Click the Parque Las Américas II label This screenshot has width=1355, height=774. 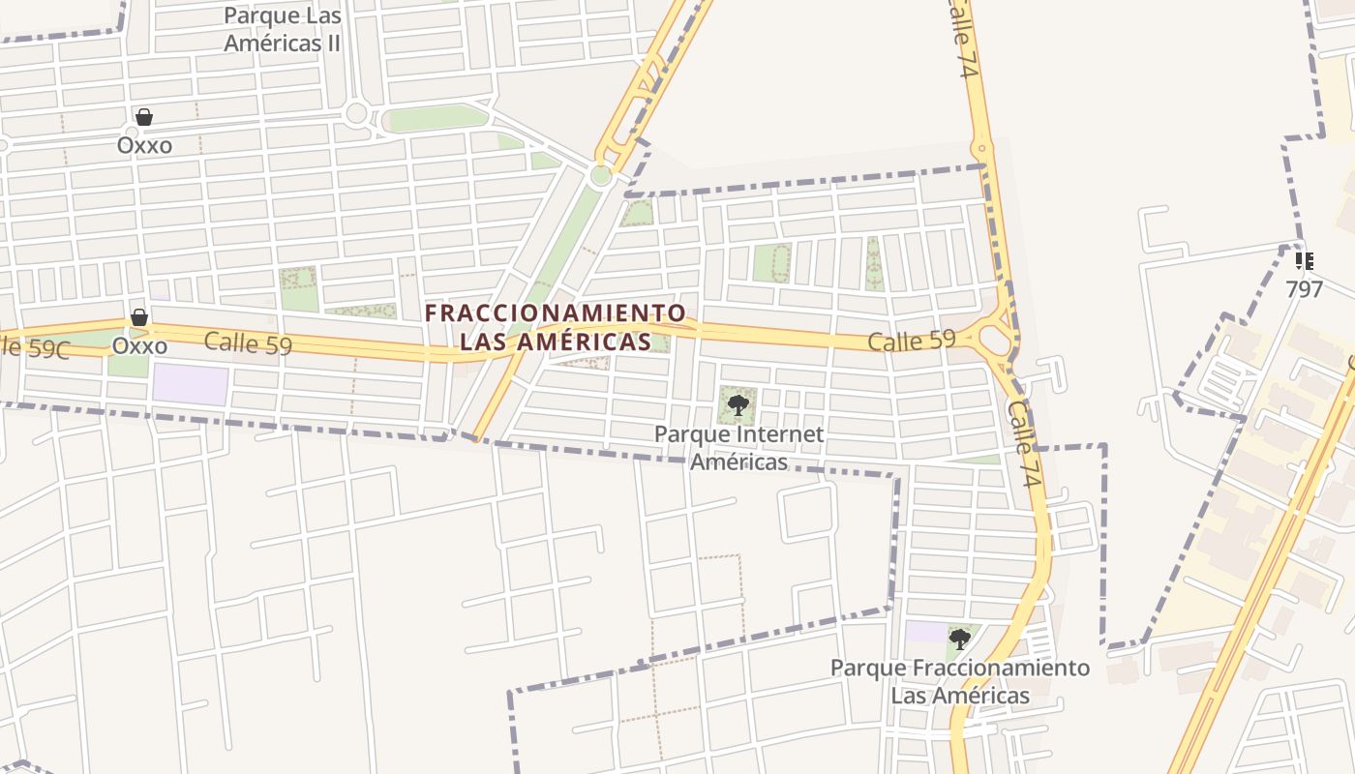click(x=283, y=30)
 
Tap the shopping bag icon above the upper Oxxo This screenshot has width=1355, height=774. click(x=144, y=117)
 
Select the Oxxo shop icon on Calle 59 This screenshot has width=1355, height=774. click(x=139, y=317)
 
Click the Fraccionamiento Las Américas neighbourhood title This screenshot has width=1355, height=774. click(x=556, y=327)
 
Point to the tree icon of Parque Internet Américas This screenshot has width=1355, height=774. click(x=738, y=404)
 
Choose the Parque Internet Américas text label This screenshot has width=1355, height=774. click(x=739, y=447)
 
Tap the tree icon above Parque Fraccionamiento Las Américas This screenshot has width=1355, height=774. click(x=959, y=639)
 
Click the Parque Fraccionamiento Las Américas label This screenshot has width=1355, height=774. click(x=960, y=681)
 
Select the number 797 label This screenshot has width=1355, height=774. click(x=1304, y=288)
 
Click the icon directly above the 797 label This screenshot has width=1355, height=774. click(x=1304, y=260)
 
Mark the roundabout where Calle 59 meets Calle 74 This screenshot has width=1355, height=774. click(x=995, y=340)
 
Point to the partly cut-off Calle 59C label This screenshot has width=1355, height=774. click(x=35, y=347)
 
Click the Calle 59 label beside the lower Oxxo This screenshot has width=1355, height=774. click(x=248, y=342)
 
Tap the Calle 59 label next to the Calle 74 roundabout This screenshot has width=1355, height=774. click(x=911, y=341)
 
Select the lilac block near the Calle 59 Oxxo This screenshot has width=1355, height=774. click(x=190, y=385)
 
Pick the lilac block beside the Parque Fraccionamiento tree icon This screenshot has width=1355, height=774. click(x=927, y=632)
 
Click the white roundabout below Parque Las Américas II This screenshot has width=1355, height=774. click(x=356, y=113)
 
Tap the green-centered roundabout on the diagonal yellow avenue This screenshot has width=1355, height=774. click(x=601, y=175)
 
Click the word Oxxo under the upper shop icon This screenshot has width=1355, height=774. click(x=144, y=145)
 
